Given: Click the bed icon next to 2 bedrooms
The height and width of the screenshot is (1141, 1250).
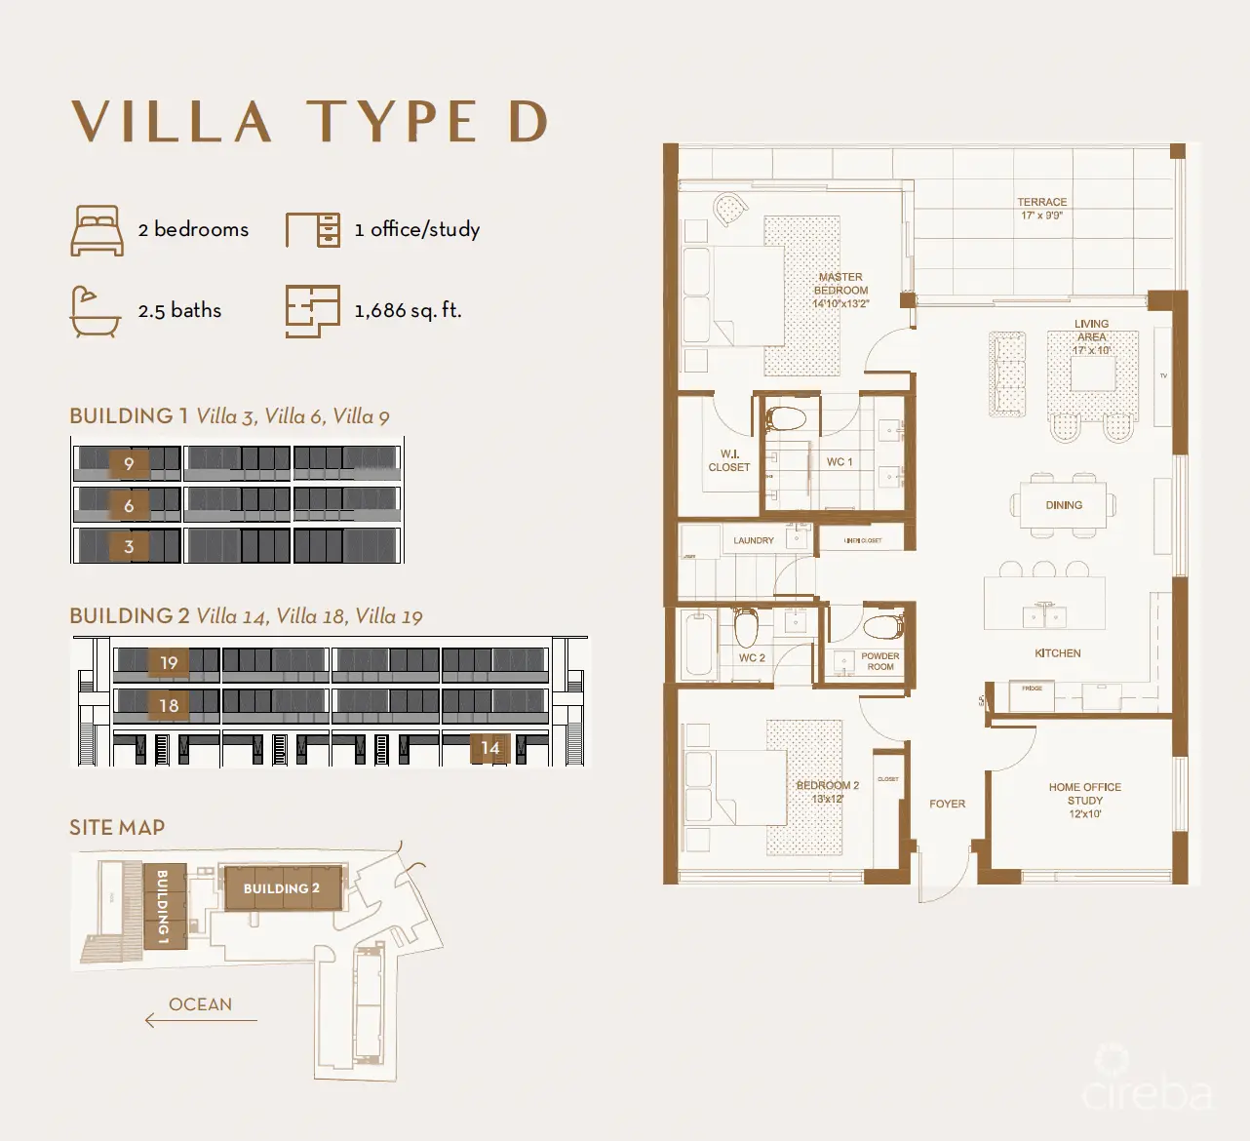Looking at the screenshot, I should click(97, 230).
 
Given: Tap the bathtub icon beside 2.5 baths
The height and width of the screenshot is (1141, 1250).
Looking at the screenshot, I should click(96, 311).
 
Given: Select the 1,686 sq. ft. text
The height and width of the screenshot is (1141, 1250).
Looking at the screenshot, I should click(408, 310).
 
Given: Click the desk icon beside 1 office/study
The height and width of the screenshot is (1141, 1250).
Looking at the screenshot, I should click(313, 230).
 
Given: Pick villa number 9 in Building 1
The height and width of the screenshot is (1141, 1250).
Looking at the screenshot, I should click(129, 463).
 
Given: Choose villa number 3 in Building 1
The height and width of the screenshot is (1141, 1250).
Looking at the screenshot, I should click(129, 546).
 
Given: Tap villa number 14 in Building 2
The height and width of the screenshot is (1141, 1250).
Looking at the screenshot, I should click(489, 748).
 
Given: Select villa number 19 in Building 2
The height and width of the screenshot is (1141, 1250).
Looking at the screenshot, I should click(169, 663).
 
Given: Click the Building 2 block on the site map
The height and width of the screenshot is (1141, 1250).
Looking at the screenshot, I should click(282, 888).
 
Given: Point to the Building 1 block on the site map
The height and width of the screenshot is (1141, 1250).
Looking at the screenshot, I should click(162, 906).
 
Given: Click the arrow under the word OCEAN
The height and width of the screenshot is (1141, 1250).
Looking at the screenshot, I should click(200, 1020).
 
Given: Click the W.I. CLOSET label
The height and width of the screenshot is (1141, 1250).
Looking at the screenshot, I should click(729, 460).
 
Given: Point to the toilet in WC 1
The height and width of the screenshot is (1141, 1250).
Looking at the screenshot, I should click(786, 420).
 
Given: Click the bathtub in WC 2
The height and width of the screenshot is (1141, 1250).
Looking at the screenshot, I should click(698, 645).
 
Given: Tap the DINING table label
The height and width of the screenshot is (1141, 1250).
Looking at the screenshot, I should click(1064, 505).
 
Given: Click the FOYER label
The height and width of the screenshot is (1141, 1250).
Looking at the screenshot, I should click(947, 804).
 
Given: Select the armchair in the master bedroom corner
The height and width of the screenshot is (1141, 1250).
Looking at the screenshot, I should click(727, 210).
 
